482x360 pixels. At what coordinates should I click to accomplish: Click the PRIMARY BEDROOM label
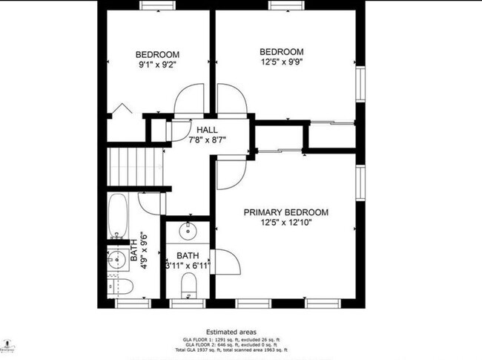click(285, 212)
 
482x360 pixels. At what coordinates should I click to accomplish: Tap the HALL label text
click(207, 130)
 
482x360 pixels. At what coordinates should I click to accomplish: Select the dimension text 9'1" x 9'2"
click(156, 65)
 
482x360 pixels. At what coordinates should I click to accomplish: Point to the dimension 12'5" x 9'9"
click(281, 62)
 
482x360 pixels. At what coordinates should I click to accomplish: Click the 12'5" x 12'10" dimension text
click(285, 222)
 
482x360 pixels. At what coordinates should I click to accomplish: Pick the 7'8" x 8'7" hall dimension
click(207, 140)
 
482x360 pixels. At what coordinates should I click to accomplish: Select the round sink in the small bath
click(190, 231)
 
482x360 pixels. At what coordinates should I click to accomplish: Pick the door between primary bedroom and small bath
click(225, 261)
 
